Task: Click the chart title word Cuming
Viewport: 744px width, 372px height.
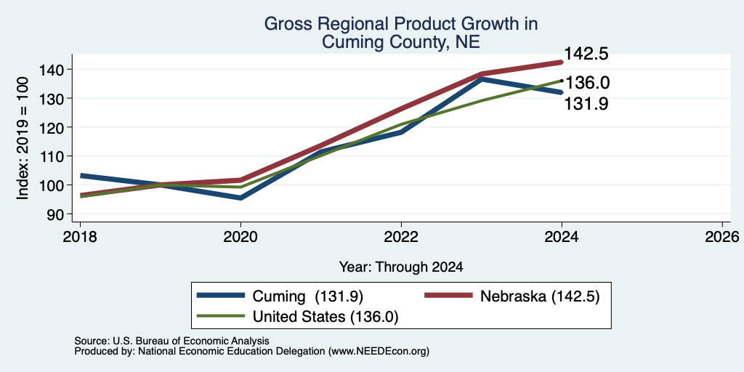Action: [x=351, y=42]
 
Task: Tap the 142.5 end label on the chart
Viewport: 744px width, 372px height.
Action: [x=586, y=54]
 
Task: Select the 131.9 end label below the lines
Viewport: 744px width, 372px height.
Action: [x=586, y=104]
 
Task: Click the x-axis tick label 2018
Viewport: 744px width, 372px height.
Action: [x=80, y=236]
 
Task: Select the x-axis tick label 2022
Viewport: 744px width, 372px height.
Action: [x=401, y=236]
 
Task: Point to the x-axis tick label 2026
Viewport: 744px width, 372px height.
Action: [x=722, y=236]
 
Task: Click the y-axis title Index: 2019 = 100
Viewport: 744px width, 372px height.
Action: [x=23, y=138]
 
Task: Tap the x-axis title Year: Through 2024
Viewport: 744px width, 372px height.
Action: [x=401, y=267]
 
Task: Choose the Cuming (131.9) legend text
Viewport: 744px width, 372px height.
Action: [x=308, y=296]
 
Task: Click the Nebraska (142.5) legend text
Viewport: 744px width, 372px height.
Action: [x=541, y=296]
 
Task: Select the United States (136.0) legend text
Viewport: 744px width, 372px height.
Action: [x=325, y=317]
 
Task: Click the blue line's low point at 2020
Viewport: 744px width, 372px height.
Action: [x=240, y=198]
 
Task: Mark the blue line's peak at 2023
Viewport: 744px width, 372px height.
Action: [x=482, y=78]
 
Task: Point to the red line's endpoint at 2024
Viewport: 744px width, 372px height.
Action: [x=562, y=62]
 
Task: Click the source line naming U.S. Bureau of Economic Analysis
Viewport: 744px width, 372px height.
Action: [x=171, y=341]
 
